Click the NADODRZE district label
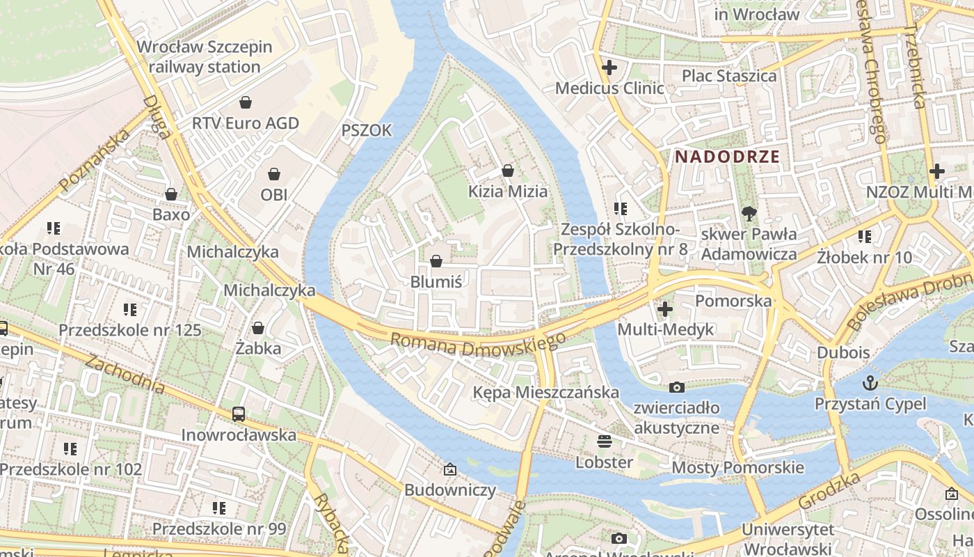[x=727, y=157]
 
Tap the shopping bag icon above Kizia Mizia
[x=508, y=171]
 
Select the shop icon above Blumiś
[x=436, y=261]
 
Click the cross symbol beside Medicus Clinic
[x=609, y=68]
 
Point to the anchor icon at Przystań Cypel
[x=870, y=382]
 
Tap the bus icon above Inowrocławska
[x=239, y=414]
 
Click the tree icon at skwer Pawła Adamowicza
[x=749, y=213]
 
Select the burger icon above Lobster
[x=604, y=441]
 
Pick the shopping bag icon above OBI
[x=274, y=173]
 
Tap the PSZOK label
[x=367, y=130]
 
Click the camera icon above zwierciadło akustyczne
[x=676, y=387]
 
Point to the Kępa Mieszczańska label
[x=545, y=392]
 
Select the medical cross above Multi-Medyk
[x=665, y=308]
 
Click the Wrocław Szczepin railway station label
[x=205, y=57]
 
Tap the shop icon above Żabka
[x=258, y=327]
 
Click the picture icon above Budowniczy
[x=450, y=469]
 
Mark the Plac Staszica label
[x=729, y=76]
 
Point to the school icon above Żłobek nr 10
[x=865, y=237]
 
